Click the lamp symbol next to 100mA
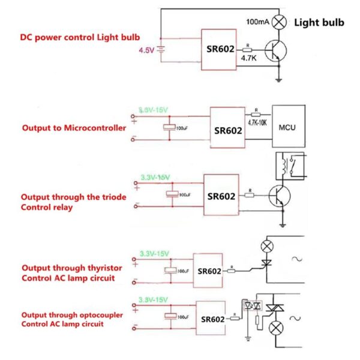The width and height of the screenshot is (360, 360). tap(279, 22)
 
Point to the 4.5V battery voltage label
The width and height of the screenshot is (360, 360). tap(146, 51)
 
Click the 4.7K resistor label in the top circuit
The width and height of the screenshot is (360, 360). tap(248, 59)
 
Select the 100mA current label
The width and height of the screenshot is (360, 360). tap(257, 22)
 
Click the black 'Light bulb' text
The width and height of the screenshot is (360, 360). tap(319, 23)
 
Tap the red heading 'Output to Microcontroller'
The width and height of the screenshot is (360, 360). tap(74, 128)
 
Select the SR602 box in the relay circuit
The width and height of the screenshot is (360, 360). tap(221, 196)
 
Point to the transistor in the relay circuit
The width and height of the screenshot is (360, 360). tap(278, 196)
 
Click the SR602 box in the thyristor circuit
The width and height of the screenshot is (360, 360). tap(209, 271)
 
